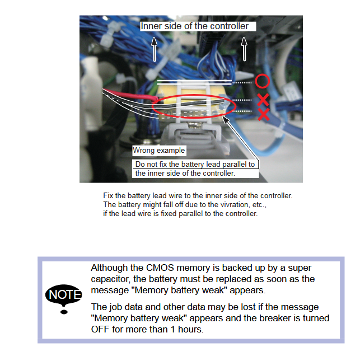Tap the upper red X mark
pos(263,100)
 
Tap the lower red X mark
pos(264,114)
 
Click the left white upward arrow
pos(155,49)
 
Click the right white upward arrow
pos(244,49)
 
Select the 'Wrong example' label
pos(159,151)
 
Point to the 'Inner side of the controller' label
pos(195,26)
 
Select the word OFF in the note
pos(100,329)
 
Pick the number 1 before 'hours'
pos(173,329)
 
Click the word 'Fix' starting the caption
pos(108,195)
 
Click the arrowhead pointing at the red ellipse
pos(226,119)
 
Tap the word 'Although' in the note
pos(109,268)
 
